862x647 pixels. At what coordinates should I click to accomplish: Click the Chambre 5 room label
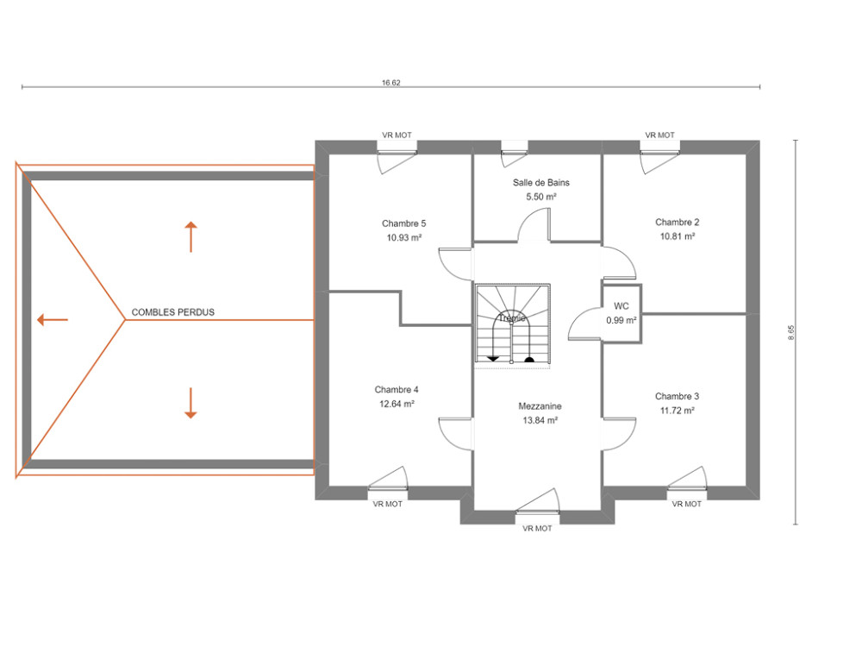pos(404,223)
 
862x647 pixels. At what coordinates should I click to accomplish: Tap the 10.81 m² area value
pos(678,236)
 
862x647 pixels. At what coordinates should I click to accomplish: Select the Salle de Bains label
pos(541,183)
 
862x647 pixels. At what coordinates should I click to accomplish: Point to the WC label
pos(621,306)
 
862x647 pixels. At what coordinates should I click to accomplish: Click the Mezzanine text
pos(540,406)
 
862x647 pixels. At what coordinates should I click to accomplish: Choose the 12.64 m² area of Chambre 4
pos(397,404)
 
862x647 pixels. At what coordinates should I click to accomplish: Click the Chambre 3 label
pos(677,396)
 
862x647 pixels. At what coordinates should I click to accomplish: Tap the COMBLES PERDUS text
pos(173,312)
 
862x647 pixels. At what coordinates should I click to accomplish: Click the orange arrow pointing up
pos(191,236)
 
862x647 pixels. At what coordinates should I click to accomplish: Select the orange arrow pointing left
pos(53,320)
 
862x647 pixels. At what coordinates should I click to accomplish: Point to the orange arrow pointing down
pos(191,403)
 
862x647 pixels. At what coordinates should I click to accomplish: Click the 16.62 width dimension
pos(390,84)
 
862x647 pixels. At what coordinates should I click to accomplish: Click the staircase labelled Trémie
pos(511,323)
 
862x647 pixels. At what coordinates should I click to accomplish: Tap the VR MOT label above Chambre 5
pos(397,135)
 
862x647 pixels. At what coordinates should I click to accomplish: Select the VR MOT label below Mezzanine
pos(537,528)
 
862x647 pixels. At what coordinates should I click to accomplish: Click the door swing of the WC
pos(584,324)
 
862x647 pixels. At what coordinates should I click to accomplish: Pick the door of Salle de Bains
pos(533,228)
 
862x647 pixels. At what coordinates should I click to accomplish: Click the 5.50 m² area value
pos(541,197)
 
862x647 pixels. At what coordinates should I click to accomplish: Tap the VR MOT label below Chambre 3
pos(687,504)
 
